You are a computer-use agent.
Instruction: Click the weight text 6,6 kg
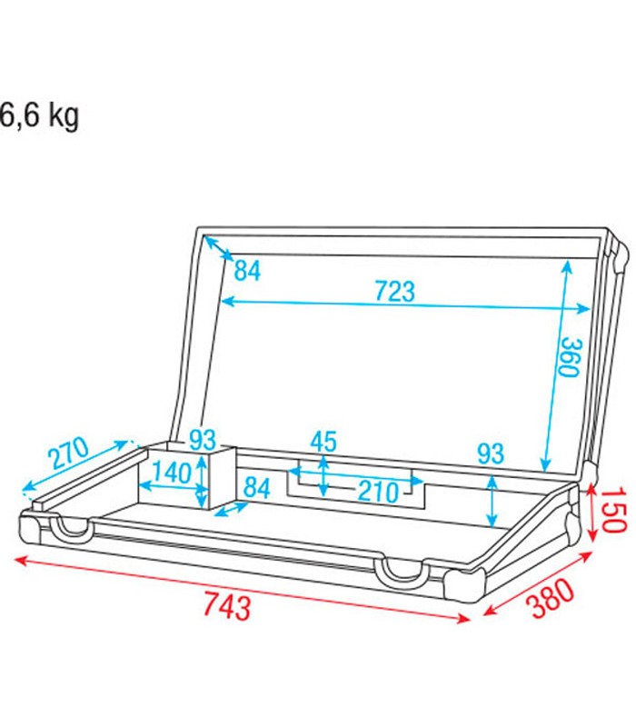39,116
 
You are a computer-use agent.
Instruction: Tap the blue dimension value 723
394,291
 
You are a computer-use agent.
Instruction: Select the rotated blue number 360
570,357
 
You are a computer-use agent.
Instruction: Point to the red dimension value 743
227,606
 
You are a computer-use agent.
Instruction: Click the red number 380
552,598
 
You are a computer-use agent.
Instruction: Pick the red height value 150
615,509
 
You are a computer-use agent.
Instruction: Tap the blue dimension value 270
69,453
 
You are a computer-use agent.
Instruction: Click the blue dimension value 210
378,492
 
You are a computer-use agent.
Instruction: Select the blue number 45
323,442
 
